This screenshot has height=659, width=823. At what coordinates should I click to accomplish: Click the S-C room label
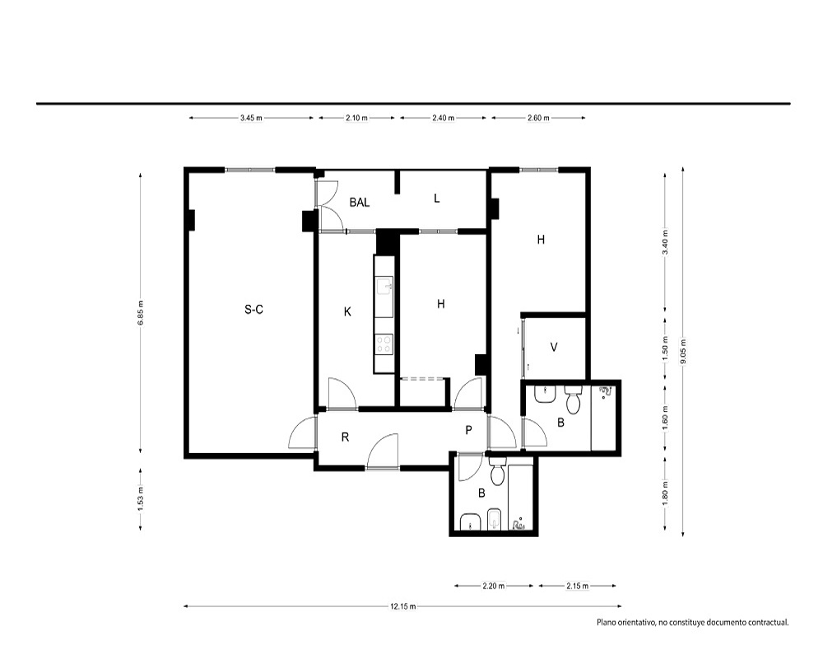(253, 310)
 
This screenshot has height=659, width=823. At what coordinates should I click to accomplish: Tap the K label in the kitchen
(347, 312)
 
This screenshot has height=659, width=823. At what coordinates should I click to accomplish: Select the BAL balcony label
(360, 203)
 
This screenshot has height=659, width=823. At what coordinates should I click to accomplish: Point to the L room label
(437, 199)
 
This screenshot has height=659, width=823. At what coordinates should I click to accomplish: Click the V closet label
(554, 348)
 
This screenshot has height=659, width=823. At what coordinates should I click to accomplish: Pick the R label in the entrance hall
(345, 437)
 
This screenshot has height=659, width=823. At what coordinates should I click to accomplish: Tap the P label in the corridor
(469, 430)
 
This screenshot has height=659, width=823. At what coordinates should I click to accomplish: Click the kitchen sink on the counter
(384, 287)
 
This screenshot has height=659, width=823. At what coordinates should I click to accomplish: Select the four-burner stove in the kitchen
(384, 344)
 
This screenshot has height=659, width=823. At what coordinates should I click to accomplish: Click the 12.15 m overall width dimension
(402, 606)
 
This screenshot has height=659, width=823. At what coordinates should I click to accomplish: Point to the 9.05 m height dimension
(683, 352)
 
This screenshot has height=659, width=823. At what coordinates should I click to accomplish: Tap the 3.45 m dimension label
(251, 119)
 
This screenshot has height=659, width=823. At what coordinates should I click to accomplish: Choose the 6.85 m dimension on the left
(140, 313)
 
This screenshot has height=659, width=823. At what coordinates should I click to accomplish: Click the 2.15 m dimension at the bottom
(578, 586)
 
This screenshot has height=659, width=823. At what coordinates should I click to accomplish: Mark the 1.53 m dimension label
(140, 499)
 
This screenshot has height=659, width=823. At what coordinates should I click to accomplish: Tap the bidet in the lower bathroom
(495, 520)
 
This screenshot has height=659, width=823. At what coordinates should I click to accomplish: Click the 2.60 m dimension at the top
(538, 119)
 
